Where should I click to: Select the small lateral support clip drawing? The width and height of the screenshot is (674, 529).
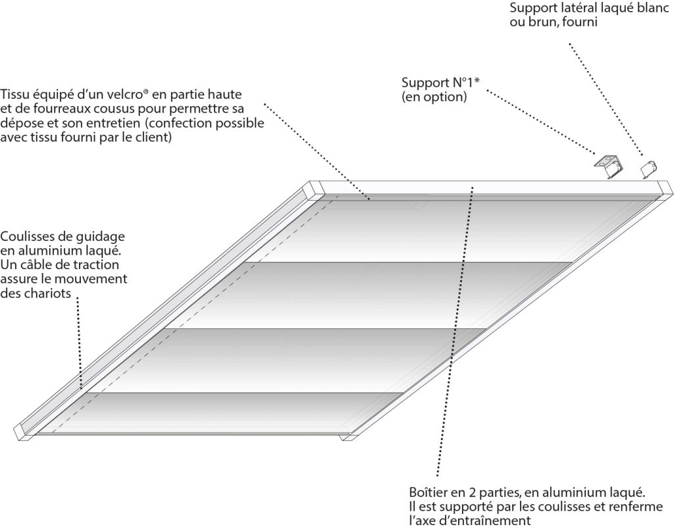(649, 169)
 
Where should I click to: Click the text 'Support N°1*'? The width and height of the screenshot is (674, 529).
(440, 82)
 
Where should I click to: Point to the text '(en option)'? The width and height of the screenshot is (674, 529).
(434, 97)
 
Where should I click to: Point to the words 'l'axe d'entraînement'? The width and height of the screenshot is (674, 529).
(470, 521)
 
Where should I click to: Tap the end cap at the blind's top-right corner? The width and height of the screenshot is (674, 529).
(665, 189)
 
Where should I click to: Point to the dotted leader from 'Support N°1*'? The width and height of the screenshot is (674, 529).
(542, 121)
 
